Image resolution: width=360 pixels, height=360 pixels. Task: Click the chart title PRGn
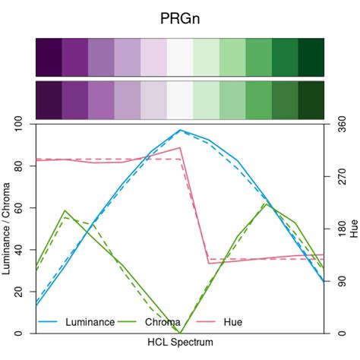click(180, 17)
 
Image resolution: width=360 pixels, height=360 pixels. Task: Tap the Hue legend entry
click(232, 322)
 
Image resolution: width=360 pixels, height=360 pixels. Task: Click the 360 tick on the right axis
click(339, 124)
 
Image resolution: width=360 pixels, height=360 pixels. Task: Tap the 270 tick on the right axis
click(339, 176)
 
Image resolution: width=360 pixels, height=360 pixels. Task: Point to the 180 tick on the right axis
click(339, 229)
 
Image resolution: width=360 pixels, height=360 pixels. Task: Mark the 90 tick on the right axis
click(339, 281)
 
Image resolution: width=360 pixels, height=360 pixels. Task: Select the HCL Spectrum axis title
click(180, 343)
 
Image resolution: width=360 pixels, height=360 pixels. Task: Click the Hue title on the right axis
click(353, 229)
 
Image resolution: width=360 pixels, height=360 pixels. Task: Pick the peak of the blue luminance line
click(180, 130)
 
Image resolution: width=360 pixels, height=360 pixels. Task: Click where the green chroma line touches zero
click(180, 333)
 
